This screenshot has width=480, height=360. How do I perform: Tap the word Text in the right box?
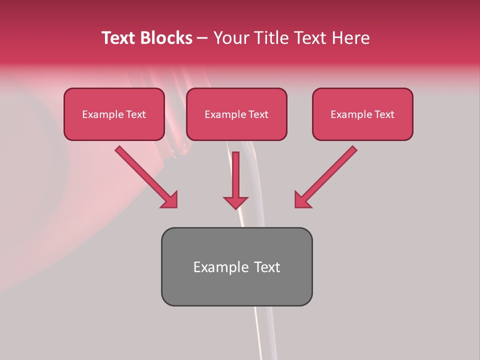384,114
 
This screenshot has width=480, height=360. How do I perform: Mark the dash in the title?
202,38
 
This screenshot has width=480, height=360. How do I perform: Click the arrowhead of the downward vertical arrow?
235,202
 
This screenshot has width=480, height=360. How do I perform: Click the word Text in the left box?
135,114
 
